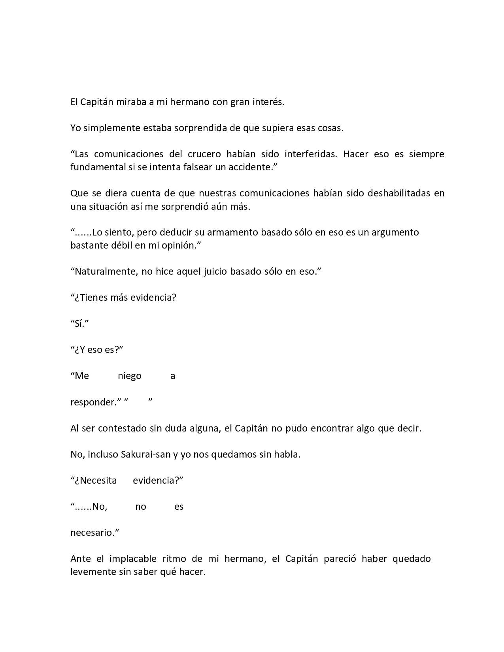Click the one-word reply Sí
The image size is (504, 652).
click(x=80, y=324)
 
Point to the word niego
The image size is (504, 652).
click(x=130, y=376)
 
